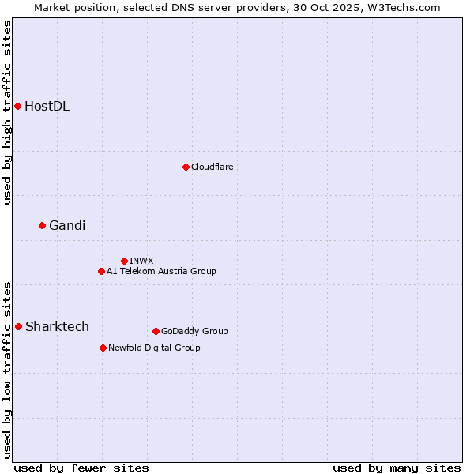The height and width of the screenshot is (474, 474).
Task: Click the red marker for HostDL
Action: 17,106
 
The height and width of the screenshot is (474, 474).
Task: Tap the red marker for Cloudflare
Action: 186,167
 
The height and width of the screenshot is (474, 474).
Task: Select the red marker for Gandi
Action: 42,225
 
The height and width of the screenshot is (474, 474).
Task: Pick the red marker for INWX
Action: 124,261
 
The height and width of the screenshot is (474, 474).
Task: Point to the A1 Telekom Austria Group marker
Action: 101,271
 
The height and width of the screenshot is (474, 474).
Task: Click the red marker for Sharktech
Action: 18,326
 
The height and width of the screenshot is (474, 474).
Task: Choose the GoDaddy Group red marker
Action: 156,331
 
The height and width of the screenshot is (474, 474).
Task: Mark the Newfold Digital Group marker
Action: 103,348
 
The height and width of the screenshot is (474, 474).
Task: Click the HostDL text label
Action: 47,107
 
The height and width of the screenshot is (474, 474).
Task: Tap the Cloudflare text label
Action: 213,167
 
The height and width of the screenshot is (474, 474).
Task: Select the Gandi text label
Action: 67,226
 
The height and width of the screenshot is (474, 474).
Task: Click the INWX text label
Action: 142,261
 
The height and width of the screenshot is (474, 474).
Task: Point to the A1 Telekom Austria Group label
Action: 161,271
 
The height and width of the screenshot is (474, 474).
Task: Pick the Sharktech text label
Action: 57,327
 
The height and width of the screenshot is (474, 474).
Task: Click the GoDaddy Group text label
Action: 194,331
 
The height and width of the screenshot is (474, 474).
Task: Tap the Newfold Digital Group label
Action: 154,348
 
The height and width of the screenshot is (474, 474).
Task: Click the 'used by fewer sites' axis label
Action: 81,468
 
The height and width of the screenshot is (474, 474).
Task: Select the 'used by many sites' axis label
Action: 397,468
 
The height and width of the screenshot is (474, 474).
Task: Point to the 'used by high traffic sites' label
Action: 7,112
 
